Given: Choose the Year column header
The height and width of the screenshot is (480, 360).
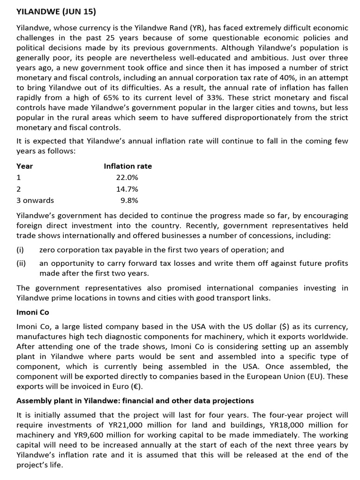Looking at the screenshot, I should [x=24, y=166].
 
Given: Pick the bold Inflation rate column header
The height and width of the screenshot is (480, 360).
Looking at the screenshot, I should [x=127, y=166].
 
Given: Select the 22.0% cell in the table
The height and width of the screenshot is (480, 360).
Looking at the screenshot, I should [x=127, y=178].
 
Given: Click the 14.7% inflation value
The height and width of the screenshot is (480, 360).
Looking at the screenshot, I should [x=127, y=189].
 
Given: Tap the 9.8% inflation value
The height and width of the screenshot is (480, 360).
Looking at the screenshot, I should [x=129, y=200].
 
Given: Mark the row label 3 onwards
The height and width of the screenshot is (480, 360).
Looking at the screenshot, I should [x=35, y=200].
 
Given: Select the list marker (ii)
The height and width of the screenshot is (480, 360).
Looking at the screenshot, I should [x=21, y=263].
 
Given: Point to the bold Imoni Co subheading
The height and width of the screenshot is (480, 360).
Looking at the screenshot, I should [x=33, y=312].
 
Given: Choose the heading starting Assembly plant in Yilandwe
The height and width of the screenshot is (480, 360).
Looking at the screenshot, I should [x=135, y=401].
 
